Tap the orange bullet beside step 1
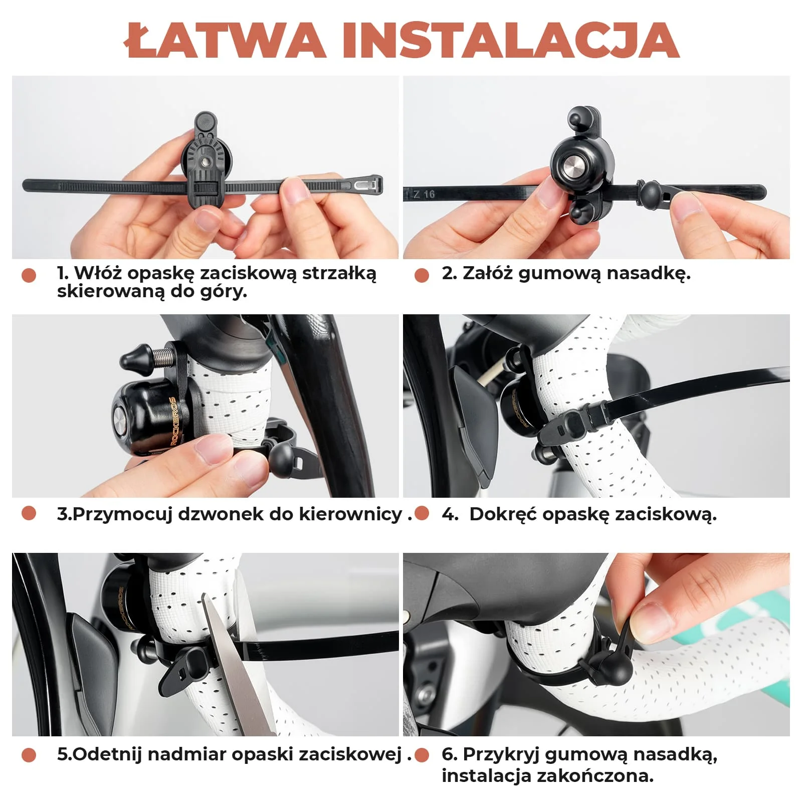tap(29, 275)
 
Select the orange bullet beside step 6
tap(422, 755)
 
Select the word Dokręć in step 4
tap(503, 515)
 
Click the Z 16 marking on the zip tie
tap(424, 194)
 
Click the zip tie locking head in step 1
tap(368, 185)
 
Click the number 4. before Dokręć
tap(450, 514)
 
